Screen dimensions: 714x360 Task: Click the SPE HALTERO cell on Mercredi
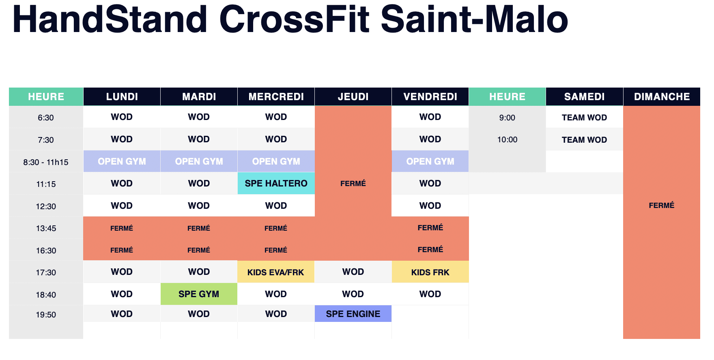(276, 183)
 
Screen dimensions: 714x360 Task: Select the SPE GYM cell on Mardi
(199, 294)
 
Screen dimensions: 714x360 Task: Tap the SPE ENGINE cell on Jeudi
(353, 314)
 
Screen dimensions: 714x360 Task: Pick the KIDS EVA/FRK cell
(276, 272)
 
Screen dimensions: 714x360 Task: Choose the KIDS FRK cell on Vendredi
(430, 272)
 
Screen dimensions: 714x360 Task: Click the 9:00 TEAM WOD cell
(584, 118)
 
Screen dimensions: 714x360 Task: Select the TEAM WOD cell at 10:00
(584, 140)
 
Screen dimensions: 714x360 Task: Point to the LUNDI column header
(122, 96)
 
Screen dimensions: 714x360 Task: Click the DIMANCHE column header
(662, 96)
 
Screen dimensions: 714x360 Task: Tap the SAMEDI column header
(584, 96)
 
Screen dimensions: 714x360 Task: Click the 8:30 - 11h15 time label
(46, 162)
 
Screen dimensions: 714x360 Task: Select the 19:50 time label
(46, 315)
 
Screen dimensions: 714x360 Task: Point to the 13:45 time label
(46, 228)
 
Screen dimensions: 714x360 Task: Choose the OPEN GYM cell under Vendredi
(430, 161)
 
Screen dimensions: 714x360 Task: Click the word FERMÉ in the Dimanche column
(661, 205)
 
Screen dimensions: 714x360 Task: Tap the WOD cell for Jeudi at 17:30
(353, 272)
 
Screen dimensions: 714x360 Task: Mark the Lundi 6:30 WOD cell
(122, 117)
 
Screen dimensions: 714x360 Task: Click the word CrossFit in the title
(295, 19)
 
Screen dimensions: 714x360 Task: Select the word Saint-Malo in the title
(474, 19)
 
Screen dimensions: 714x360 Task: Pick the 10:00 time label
(507, 139)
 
